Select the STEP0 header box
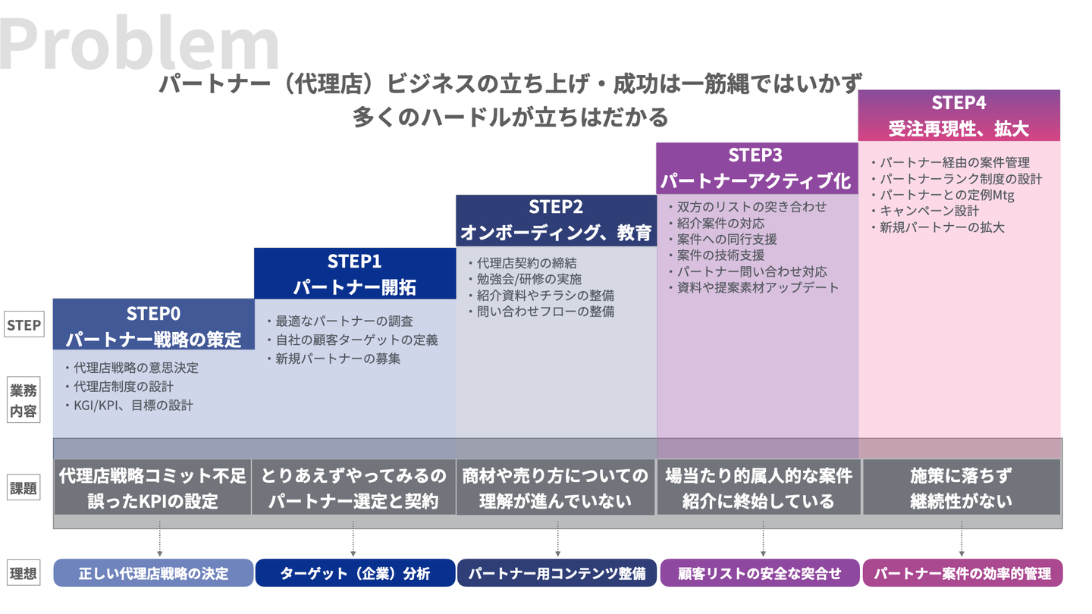click(153, 325)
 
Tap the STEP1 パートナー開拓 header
click(354, 274)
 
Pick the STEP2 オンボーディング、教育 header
click(556, 220)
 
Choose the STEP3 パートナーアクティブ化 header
click(756, 168)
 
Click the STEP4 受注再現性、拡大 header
click(959, 115)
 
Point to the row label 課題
click(23, 488)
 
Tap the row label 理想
click(23, 573)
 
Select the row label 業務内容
click(23, 401)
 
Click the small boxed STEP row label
click(23, 326)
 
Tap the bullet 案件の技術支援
click(720, 255)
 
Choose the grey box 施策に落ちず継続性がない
click(961, 488)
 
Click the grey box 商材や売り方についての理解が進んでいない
click(556, 488)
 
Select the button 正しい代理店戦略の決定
click(153, 573)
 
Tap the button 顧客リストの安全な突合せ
click(759, 573)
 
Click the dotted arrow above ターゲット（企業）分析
click(353, 543)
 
